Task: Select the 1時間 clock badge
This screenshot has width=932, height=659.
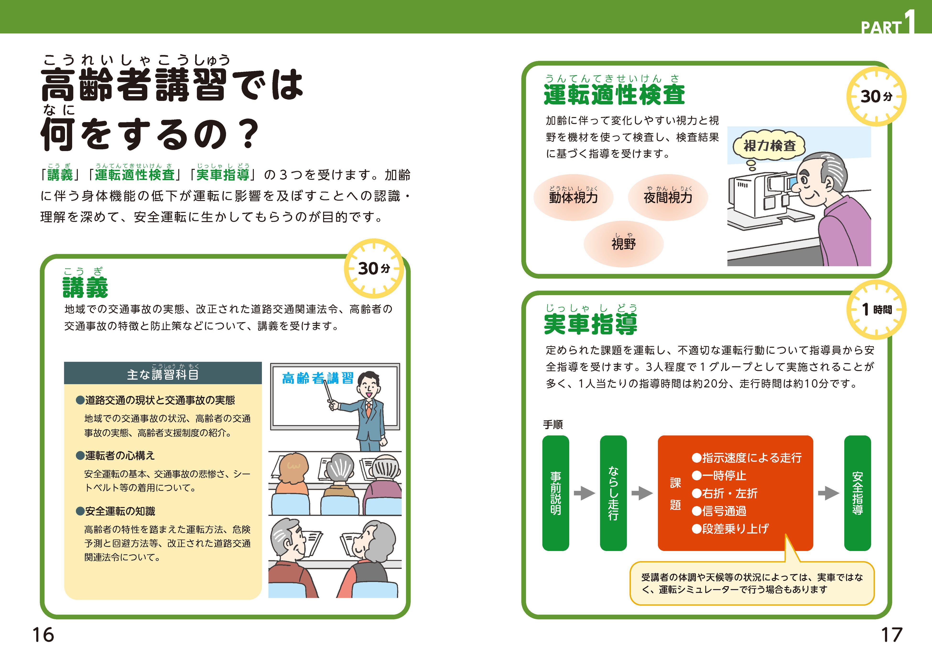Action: [876, 310]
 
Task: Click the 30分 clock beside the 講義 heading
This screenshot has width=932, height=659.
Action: [374, 269]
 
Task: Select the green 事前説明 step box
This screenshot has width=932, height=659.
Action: [555, 493]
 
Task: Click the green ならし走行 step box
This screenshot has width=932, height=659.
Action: [613, 493]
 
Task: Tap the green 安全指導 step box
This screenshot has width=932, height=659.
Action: [857, 493]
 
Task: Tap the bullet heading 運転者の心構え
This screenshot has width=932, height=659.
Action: [120, 456]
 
